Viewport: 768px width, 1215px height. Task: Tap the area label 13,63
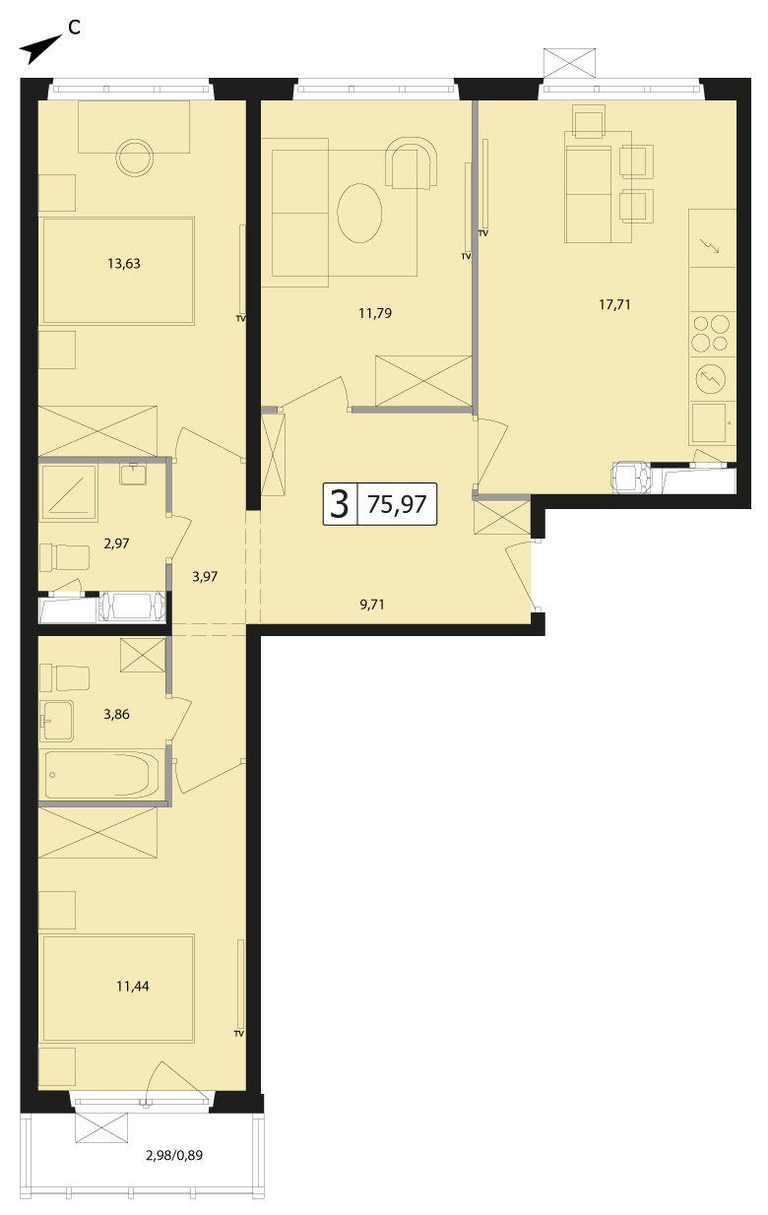click(124, 264)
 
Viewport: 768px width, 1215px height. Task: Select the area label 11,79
click(375, 313)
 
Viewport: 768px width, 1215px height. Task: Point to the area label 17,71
click(614, 305)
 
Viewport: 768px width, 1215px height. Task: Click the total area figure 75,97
click(397, 504)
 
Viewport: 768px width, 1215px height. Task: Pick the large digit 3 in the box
click(340, 504)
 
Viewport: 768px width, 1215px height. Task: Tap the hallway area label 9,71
click(372, 605)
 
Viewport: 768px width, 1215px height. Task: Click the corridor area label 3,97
click(205, 577)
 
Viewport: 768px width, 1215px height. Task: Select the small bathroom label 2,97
click(116, 544)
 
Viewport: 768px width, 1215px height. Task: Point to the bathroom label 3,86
click(116, 715)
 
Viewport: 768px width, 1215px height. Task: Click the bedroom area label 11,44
click(132, 987)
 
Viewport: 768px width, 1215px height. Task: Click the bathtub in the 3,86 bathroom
click(102, 775)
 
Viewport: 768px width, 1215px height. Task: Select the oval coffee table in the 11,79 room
click(359, 214)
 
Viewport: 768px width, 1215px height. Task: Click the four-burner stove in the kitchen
click(712, 334)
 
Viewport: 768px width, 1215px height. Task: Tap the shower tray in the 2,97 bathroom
click(68, 493)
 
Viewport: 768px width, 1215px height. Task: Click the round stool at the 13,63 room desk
click(135, 158)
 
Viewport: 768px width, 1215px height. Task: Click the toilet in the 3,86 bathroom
click(65, 678)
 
